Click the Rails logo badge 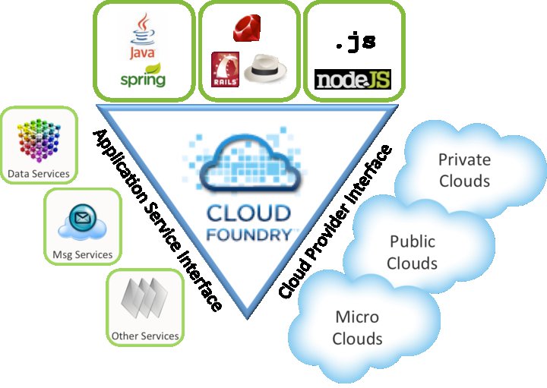tap(225, 69)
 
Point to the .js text tap(355, 43)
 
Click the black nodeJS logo tap(353, 79)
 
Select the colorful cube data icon tap(38, 142)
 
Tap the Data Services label tap(39, 174)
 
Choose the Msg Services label tap(83, 254)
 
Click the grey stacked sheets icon tap(144, 298)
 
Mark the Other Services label tap(145, 336)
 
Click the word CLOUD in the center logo tap(251, 211)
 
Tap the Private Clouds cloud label tap(464, 170)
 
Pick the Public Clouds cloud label tap(413, 252)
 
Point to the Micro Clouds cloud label tap(357, 326)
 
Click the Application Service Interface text tap(157, 220)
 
